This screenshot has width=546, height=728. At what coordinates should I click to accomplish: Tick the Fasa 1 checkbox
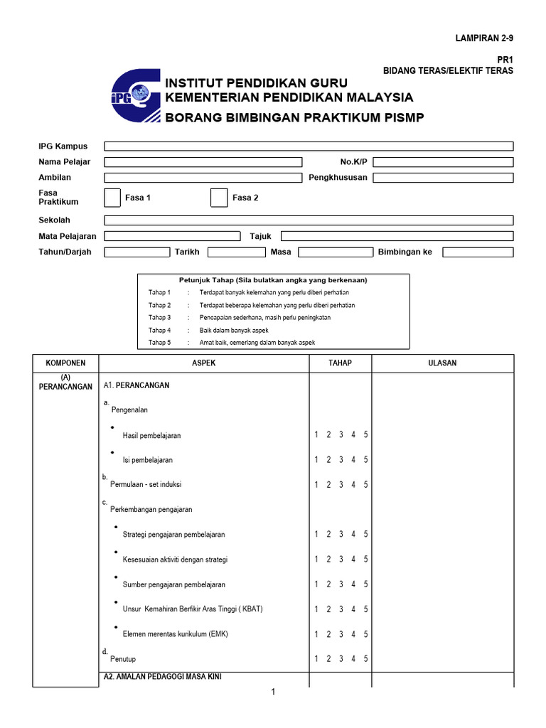pos(112,198)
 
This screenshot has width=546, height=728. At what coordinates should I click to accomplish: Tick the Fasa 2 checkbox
pos(219,198)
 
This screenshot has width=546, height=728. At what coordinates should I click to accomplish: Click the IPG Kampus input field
pos(309,146)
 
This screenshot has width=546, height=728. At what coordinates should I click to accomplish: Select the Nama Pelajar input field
pos(203,162)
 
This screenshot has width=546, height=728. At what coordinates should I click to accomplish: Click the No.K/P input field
pos(443,162)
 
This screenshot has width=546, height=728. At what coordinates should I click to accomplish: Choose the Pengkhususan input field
pos(443,178)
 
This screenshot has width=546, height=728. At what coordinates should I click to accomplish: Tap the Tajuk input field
pos(397,236)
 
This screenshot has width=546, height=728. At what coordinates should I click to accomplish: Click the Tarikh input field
pos(236,252)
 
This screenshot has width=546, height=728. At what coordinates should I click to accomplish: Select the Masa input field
pos(335,252)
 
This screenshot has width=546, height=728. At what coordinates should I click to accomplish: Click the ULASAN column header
pos(442,363)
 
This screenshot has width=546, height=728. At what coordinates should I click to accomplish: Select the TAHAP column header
pos(340,363)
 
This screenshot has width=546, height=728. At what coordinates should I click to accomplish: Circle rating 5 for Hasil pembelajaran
pos(365,435)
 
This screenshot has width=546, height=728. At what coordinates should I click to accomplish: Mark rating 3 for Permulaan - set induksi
pos(341,485)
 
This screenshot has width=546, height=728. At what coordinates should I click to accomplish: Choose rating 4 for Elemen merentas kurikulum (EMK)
pos(353,634)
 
